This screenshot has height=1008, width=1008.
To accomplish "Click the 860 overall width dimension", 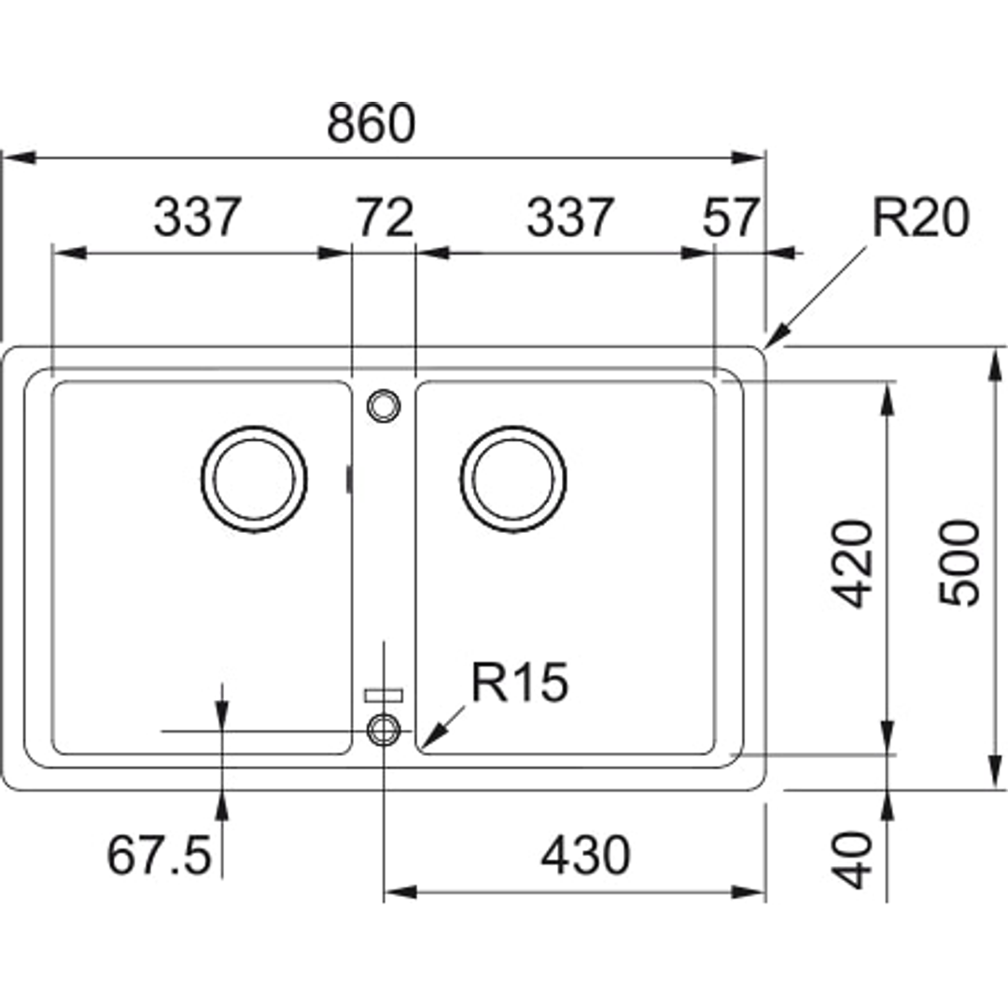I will click(x=371, y=124).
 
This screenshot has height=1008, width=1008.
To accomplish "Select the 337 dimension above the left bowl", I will click(x=198, y=218).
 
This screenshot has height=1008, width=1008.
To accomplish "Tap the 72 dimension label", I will click(x=384, y=218).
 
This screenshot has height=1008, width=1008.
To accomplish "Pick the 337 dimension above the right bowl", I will click(x=570, y=218).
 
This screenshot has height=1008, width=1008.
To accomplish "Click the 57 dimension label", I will click(x=731, y=218).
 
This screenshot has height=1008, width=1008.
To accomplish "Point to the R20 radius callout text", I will click(x=920, y=218).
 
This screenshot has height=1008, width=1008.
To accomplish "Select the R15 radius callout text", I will click(x=519, y=683).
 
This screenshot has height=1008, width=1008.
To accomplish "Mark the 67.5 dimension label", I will click(x=159, y=856).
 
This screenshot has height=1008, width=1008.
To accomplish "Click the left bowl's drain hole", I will click(x=254, y=479).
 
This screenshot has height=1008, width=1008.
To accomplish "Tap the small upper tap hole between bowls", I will click(x=382, y=405).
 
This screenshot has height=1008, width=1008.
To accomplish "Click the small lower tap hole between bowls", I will click(x=383, y=730).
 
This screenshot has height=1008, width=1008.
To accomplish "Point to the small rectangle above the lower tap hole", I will click(x=383, y=694).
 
